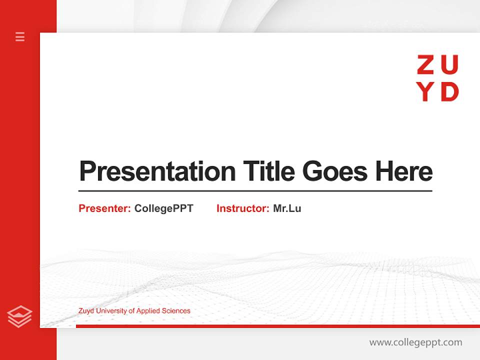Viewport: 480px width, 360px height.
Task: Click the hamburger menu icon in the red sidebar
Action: (20, 36)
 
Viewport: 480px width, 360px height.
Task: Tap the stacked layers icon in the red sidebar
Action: (19, 316)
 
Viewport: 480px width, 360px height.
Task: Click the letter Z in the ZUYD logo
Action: (425, 65)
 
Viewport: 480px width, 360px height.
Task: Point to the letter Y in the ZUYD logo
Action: (425, 92)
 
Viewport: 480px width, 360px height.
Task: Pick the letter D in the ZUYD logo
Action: (450, 92)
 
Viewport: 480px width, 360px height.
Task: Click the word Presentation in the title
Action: (157, 171)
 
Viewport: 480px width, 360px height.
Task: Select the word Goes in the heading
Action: (336, 171)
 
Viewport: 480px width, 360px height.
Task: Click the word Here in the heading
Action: (404, 171)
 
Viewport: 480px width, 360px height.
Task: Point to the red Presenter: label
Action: (104, 208)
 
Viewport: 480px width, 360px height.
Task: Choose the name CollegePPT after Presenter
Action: (163, 208)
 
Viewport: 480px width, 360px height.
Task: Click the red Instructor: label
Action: (242, 208)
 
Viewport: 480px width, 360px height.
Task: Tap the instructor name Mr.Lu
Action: (287, 208)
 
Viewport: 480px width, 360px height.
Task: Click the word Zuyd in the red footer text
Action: (86, 311)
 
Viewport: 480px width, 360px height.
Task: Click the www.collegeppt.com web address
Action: (415, 342)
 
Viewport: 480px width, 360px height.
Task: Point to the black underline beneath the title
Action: (255, 191)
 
